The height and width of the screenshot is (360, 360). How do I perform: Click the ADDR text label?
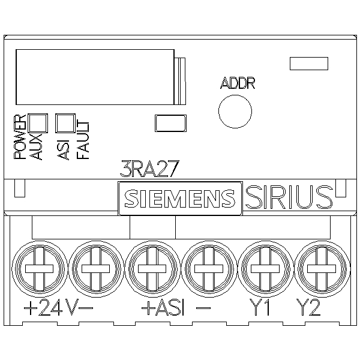238,83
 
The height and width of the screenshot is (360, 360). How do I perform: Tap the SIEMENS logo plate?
179,198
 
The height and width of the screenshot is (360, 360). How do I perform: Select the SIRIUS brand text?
289,197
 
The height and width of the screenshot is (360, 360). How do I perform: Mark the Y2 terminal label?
308,308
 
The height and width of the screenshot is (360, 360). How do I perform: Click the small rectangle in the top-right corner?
308,63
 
